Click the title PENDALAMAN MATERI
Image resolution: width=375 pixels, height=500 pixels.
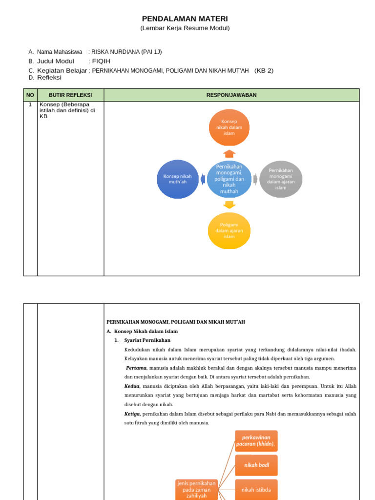pyautogui.click(x=185, y=19)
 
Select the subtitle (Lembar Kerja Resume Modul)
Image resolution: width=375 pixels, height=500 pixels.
pyautogui.click(x=185, y=28)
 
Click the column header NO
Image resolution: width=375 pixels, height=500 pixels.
pyautogui.click(x=30, y=95)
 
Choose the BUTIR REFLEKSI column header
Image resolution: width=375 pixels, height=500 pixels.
pyautogui.click(x=70, y=95)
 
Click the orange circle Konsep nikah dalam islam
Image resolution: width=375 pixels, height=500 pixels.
pyautogui.click(x=229, y=127)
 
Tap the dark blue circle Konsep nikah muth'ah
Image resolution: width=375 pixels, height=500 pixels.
pyautogui.click(x=178, y=179)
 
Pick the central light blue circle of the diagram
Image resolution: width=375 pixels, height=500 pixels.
pyautogui.click(x=229, y=179)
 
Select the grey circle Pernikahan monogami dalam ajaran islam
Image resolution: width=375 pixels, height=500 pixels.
pyautogui.click(x=280, y=179)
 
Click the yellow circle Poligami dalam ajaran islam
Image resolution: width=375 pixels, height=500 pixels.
pyautogui.click(x=229, y=230)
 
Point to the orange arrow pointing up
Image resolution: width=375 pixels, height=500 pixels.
pyautogui.click(x=229, y=153)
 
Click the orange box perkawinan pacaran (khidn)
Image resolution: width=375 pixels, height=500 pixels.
pyautogui.click(x=256, y=440)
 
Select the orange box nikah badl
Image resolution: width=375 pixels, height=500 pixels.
pyautogui.click(x=256, y=465)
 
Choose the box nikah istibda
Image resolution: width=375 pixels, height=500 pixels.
pyautogui.click(x=256, y=489)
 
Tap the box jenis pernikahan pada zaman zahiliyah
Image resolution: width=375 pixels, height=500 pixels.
pyautogui.click(x=196, y=489)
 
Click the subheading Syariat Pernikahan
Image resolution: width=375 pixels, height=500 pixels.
pyautogui.click(x=147, y=340)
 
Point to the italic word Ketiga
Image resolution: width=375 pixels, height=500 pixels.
pyautogui.click(x=132, y=414)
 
